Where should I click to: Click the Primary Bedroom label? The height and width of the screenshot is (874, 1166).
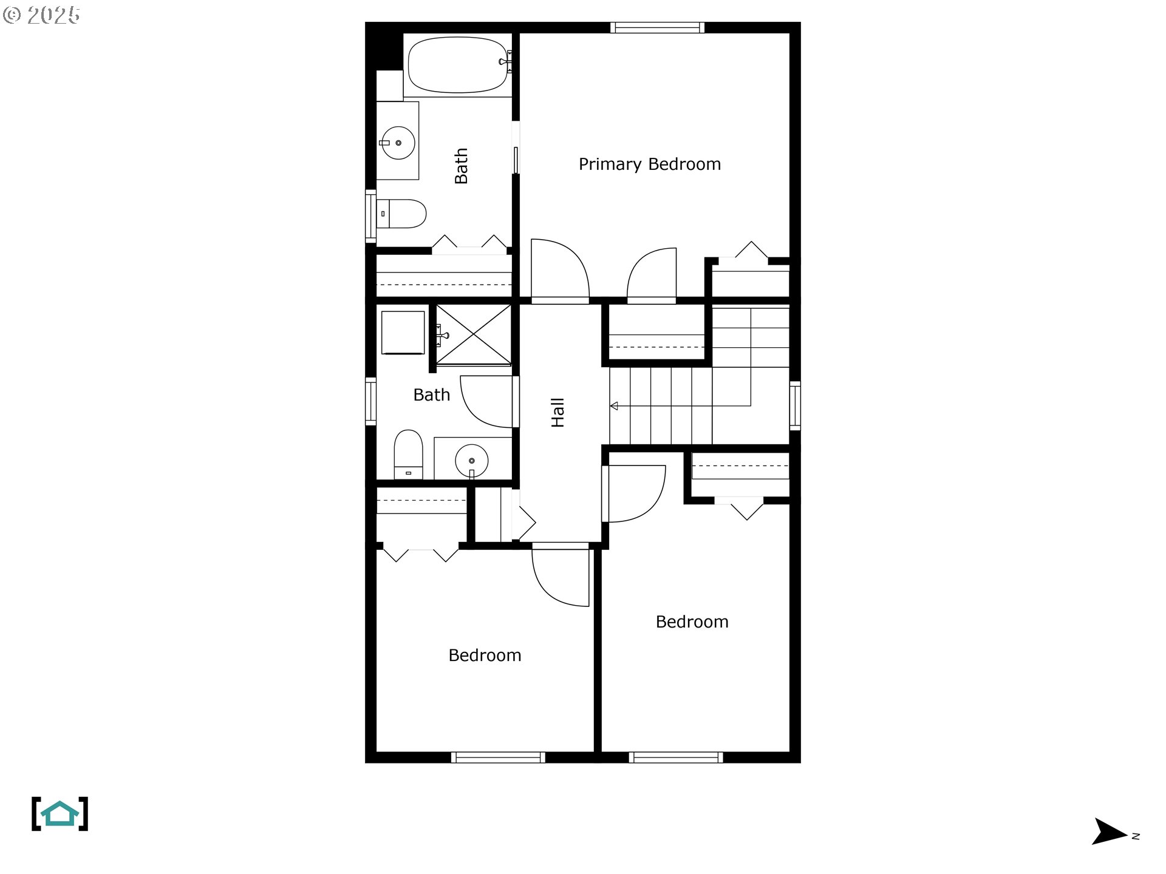click(x=649, y=164)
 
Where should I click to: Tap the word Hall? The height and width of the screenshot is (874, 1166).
click(x=557, y=413)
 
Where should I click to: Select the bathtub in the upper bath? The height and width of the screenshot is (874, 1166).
click(x=459, y=64)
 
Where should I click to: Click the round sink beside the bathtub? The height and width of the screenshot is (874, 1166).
click(x=398, y=143)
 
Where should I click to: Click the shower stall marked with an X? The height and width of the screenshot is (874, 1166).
click(x=474, y=335)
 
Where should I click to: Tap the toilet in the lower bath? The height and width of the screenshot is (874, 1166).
click(x=408, y=455)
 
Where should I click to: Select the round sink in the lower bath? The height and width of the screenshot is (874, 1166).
click(x=471, y=461)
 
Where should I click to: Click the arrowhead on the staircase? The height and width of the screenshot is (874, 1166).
click(x=614, y=405)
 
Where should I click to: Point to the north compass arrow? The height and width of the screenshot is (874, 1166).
click(x=1110, y=831)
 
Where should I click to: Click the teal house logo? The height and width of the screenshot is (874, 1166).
click(x=60, y=813)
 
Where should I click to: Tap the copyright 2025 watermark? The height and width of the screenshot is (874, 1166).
click(x=41, y=15)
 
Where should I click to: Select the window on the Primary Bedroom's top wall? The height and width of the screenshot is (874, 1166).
click(x=657, y=27)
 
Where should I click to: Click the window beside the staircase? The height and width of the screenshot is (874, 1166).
click(x=795, y=405)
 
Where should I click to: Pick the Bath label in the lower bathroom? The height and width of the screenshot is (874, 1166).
click(x=432, y=395)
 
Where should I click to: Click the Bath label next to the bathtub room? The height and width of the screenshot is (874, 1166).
click(x=461, y=166)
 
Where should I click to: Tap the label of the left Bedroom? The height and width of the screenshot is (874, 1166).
click(x=485, y=655)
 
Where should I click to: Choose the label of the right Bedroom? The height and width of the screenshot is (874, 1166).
click(x=692, y=622)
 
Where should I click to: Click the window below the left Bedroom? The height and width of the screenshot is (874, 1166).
click(x=498, y=757)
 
